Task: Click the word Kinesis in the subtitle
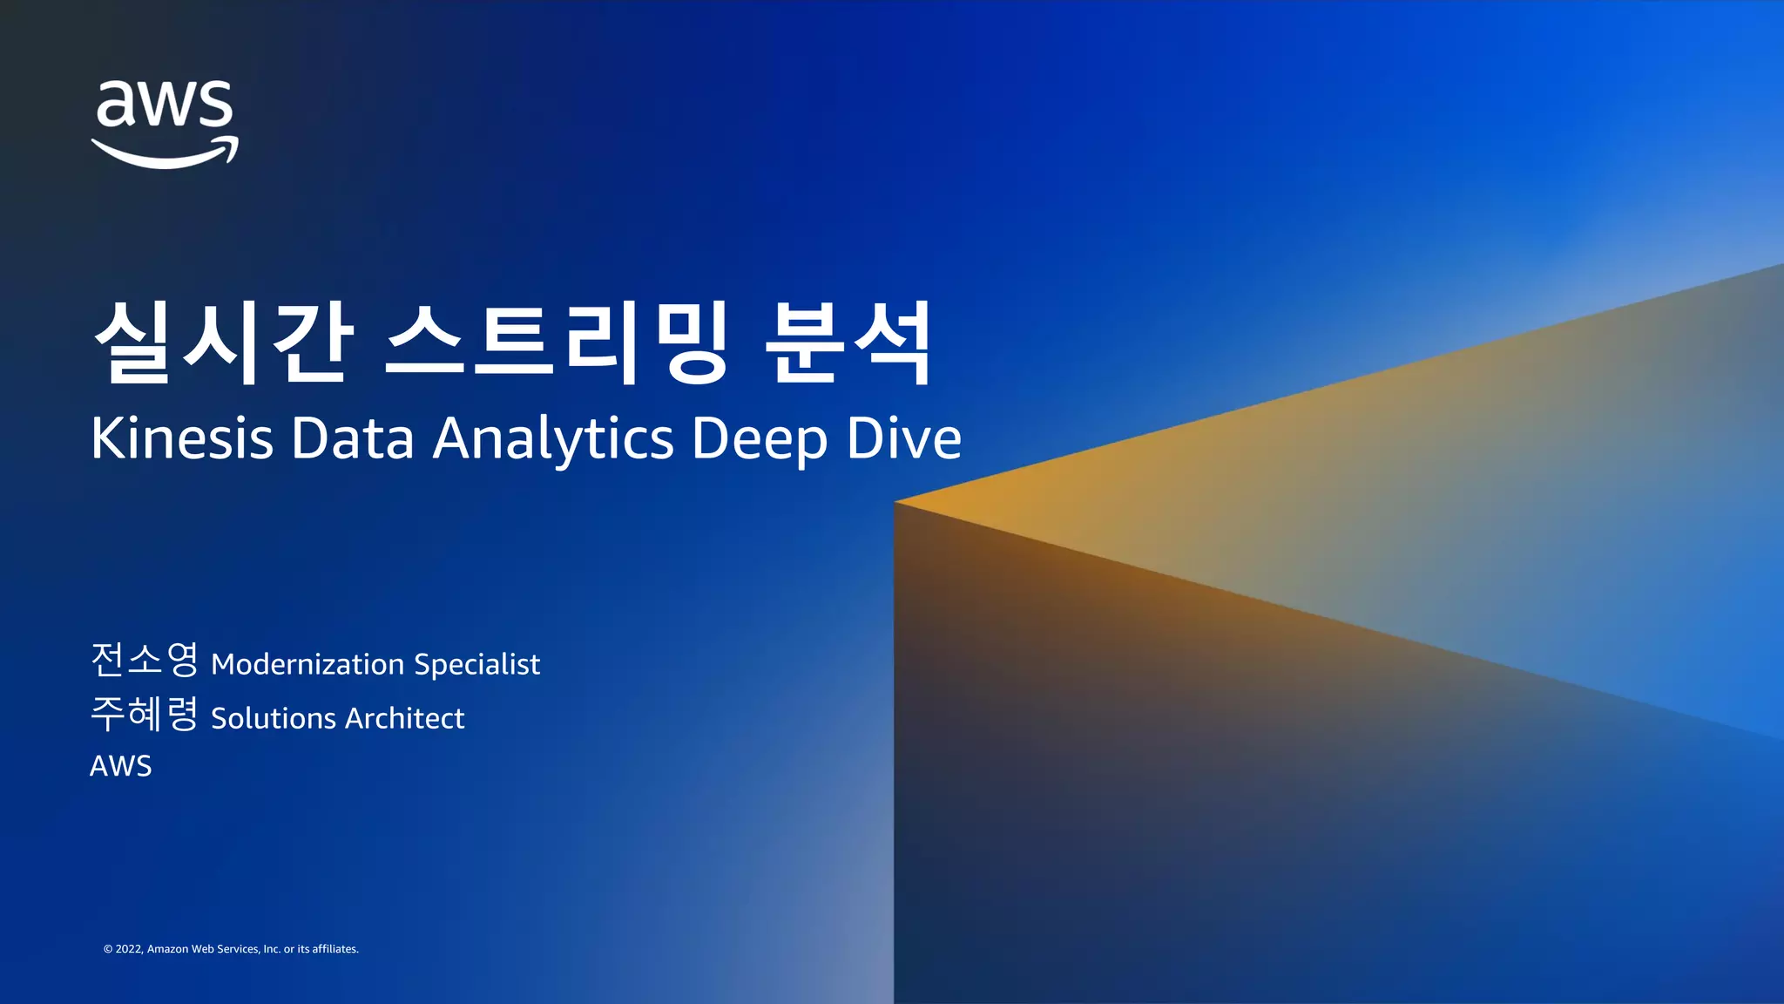[x=182, y=438]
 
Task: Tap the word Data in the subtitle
[x=352, y=438]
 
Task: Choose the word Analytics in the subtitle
[x=553, y=439]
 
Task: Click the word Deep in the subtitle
[x=760, y=439]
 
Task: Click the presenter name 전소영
[x=145, y=660]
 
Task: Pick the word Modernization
[x=307, y=664]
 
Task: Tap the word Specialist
[x=476, y=665]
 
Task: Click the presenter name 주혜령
[x=145, y=714]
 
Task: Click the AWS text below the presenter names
[x=121, y=766]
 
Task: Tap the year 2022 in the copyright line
[x=129, y=949]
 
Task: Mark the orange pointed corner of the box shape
[x=899, y=503]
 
